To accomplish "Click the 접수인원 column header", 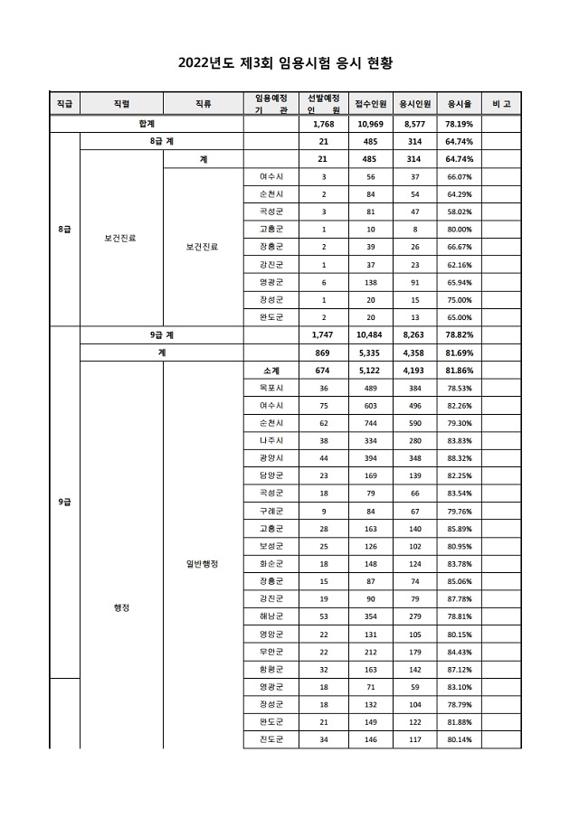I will [371, 104].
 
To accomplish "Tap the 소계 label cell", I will [271, 370].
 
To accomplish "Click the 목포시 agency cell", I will [271, 388].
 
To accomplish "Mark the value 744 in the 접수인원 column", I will [371, 423].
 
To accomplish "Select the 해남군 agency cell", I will [271, 616].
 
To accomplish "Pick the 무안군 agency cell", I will [271, 650].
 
